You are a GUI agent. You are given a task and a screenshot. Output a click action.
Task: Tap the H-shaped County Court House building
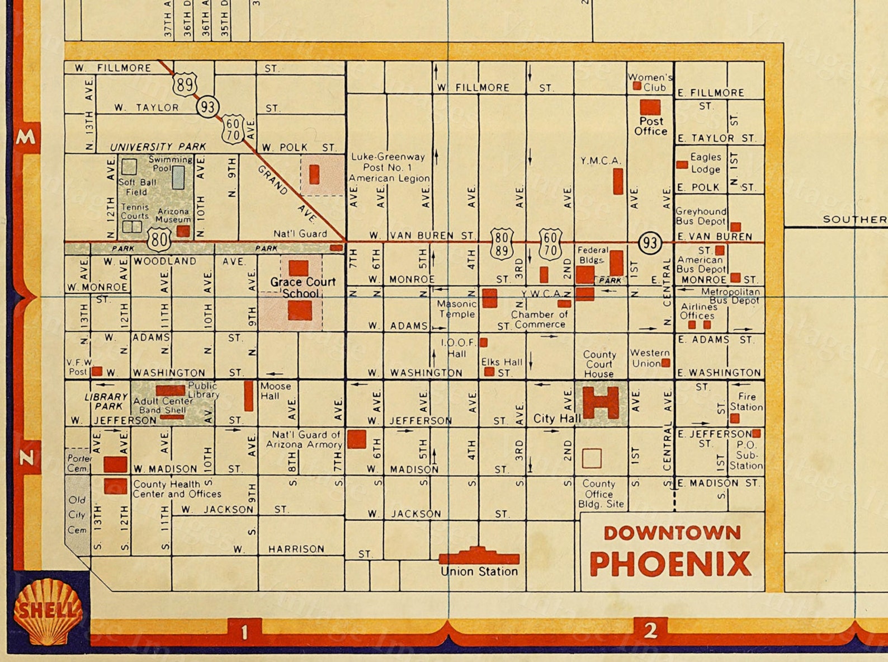[x=601, y=402]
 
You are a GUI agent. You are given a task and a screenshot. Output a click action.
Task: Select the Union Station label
[x=479, y=571]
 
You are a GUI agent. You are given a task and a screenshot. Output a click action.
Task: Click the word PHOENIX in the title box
[x=670, y=564]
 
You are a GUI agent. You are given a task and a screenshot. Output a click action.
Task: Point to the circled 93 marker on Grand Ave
[x=207, y=106]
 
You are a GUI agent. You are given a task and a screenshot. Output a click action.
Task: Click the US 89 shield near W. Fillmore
[x=185, y=84]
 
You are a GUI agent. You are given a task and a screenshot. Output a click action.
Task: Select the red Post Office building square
[x=650, y=107]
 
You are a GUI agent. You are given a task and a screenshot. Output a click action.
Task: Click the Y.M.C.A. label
[x=601, y=161]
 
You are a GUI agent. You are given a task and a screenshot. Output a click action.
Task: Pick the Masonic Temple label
[x=456, y=308]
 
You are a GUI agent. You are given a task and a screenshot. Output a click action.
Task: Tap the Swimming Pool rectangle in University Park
[x=178, y=177]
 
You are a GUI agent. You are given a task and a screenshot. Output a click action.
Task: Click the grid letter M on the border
[x=26, y=137]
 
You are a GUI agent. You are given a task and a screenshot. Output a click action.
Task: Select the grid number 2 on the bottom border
[x=650, y=631]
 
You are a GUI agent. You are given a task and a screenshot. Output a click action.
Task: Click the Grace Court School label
[x=303, y=287]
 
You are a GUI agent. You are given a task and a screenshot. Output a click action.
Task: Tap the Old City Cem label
[x=77, y=515]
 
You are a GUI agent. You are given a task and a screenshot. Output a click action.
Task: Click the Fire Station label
[x=746, y=402]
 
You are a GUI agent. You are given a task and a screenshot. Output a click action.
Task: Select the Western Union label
[x=649, y=358]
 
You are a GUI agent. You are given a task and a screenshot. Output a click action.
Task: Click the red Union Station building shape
[x=479, y=557]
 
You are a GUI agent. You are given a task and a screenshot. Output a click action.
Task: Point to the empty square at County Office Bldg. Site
[x=592, y=458]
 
